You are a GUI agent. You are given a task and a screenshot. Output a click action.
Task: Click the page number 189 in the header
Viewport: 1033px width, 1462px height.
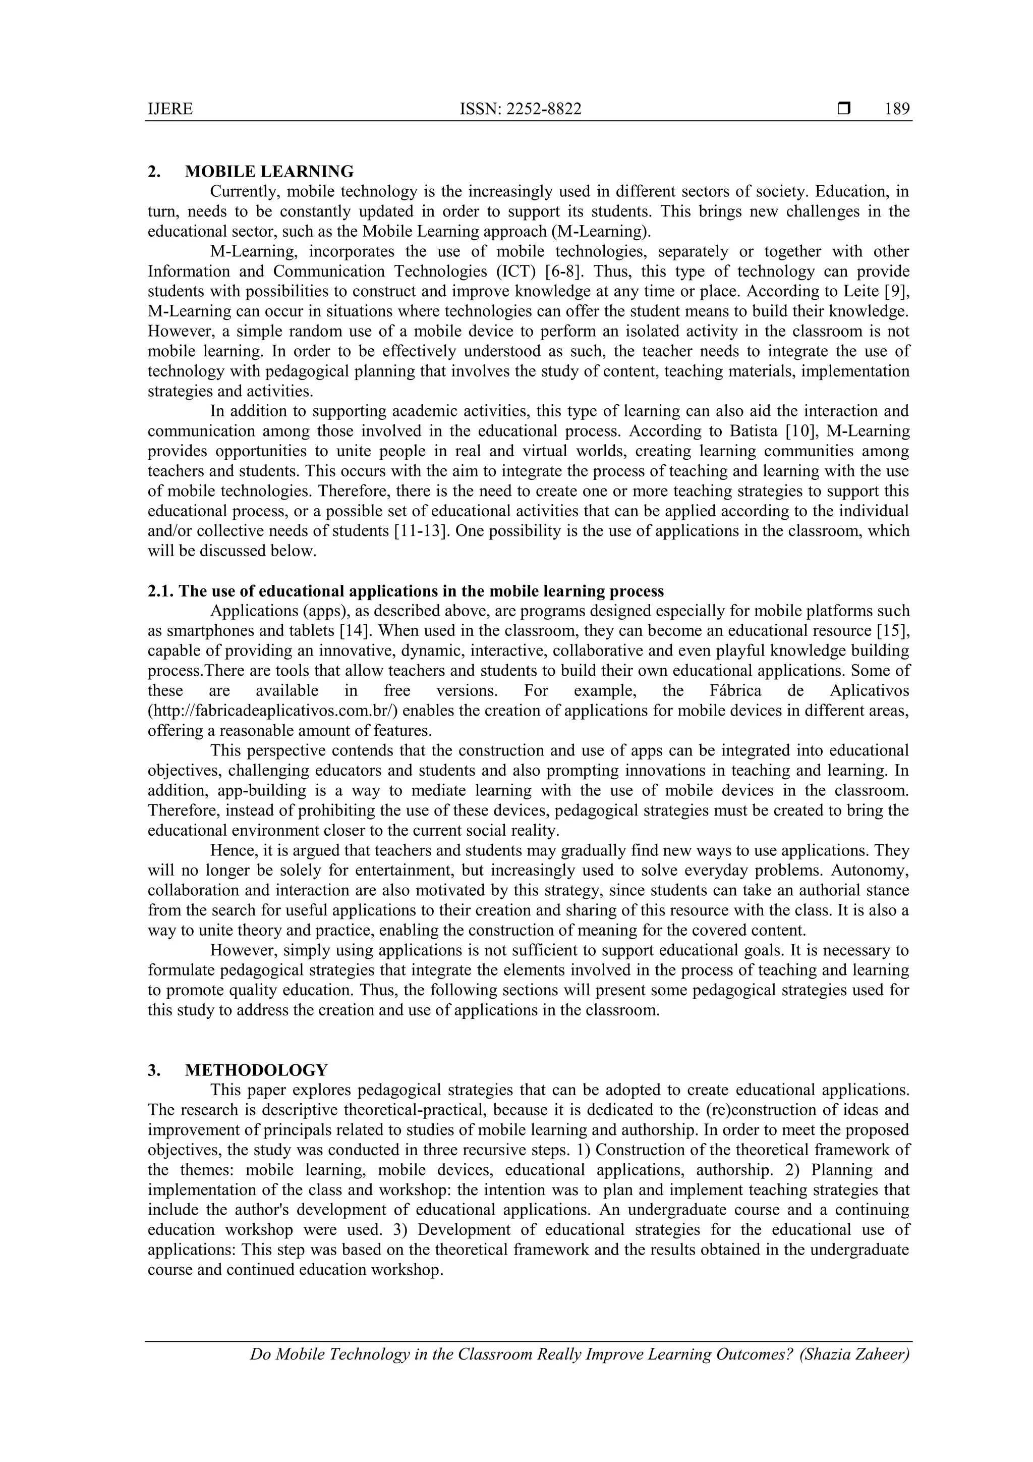(897, 110)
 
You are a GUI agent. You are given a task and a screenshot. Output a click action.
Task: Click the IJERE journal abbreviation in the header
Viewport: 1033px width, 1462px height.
(170, 110)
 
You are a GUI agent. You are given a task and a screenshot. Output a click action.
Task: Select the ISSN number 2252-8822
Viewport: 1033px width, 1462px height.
(544, 110)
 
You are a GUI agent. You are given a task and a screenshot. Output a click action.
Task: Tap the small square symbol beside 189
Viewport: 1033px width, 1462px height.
(844, 109)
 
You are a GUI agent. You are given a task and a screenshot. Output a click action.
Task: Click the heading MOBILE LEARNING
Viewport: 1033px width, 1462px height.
(269, 172)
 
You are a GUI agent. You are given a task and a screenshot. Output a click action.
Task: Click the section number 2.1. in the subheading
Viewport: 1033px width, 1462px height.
(161, 591)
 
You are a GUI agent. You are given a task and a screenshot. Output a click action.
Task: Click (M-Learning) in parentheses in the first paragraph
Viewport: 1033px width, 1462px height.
(602, 232)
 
